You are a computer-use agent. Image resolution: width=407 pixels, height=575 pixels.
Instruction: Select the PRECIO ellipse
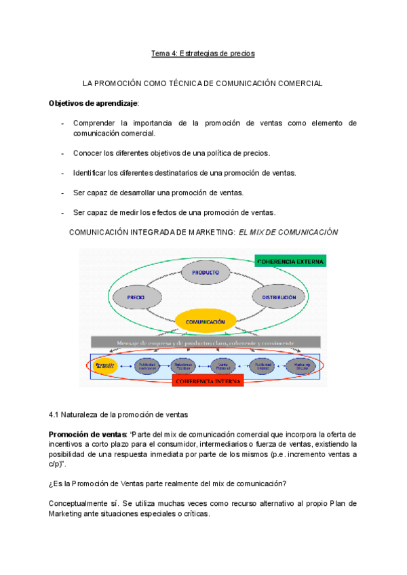tap(136, 297)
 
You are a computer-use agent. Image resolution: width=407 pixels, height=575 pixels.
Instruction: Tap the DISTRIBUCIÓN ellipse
tap(276, 297)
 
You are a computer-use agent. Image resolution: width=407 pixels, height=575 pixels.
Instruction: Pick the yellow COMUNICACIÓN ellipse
tap(206, 321)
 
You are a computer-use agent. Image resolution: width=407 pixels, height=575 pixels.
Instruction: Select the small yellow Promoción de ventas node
tap(106, 365)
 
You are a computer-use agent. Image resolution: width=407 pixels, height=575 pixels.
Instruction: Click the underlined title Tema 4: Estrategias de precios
tap(203, 53)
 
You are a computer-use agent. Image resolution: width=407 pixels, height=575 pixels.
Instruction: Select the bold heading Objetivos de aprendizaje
tap(93, 103)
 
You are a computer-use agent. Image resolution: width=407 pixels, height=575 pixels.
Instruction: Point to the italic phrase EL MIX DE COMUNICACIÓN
tap(287, 232)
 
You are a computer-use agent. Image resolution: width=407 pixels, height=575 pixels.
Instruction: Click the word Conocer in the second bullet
tap(88, 153)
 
